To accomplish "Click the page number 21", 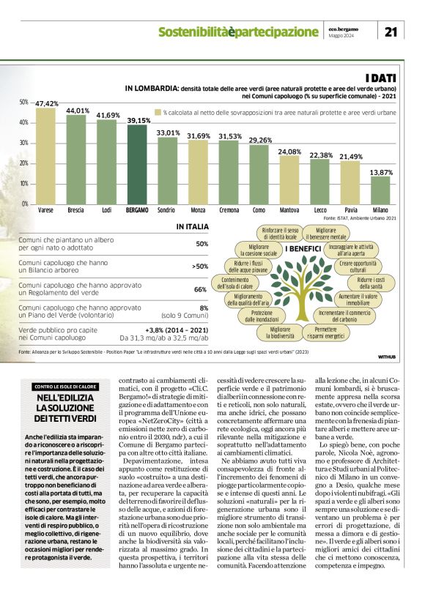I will pyautogui.click(x=391, y=31).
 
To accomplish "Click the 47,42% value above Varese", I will pyautogui.click(x=46, y=104).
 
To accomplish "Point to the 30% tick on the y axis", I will pyautogui.click(x=24, y=143).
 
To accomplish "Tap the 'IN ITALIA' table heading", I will pyautogui.click(x=192, y=228).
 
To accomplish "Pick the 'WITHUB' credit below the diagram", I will pyautogui.click(x=387, y=357).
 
